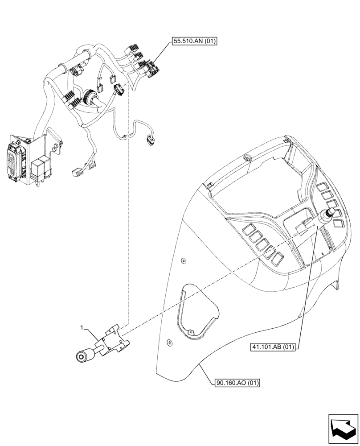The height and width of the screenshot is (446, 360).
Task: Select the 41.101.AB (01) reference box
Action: tap(273, 347)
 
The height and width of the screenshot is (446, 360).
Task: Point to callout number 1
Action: tap(82, 328)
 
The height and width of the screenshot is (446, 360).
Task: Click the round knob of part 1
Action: tap(82, 356)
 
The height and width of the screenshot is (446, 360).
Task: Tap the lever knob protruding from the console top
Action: tap(331, 213)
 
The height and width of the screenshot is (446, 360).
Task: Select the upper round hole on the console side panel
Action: tap(183, 260)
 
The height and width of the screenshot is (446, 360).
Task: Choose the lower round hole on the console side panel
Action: tap(168, 343)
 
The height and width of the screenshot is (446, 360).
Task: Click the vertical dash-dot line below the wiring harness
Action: tap(128, 223)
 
